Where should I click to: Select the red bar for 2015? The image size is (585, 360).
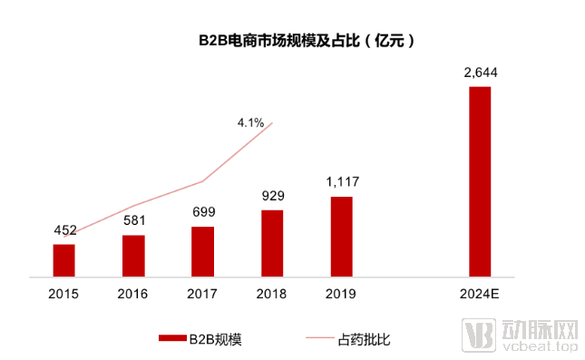click(x=63, y=259)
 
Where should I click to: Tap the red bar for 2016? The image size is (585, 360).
click(x=133, y=255)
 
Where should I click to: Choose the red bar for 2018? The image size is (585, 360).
click(x=272, y=242)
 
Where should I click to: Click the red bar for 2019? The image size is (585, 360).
click(x=341, y=235)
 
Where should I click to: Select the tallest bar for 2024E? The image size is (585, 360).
click(x=480, y=180)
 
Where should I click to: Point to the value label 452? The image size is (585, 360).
click(x=63, y=231)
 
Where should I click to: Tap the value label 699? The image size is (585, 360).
click(x=202, y=212)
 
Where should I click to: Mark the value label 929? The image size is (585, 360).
click(x=272, y=196)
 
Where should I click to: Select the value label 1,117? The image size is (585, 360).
click(x=341, y=182)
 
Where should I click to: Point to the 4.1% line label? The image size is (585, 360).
click(x=250, y=122)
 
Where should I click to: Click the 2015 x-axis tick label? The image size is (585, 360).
click(x=63, y=293)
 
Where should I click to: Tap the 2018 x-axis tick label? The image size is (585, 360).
click(x=272, y=293)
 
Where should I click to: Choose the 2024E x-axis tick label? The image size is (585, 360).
click(x=480, y=293)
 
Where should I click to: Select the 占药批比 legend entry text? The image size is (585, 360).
click(x=364, y=339)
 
